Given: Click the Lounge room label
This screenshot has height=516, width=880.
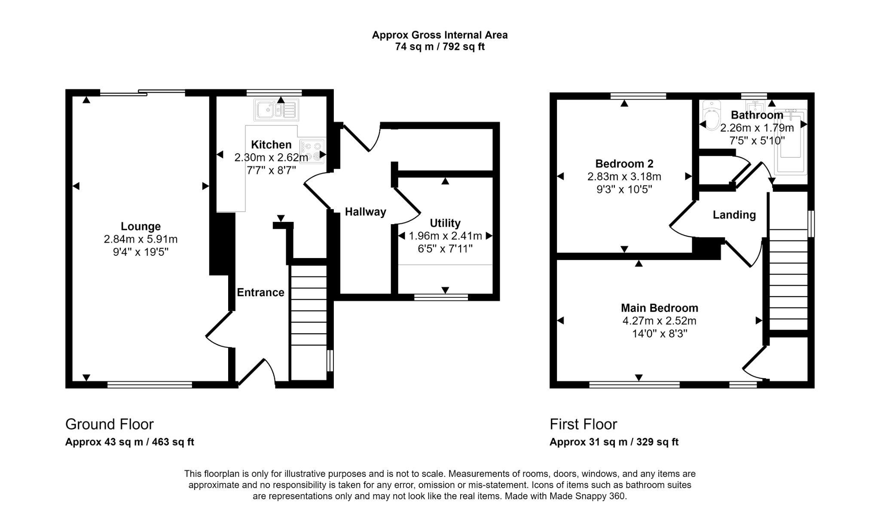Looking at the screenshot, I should [141, 226].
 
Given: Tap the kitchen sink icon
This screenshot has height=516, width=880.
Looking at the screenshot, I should [276, 110].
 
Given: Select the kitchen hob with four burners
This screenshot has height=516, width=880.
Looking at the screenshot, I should [312, 152].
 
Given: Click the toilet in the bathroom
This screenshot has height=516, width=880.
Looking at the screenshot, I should [712, 115].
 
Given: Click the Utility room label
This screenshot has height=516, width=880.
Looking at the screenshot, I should [445, 223].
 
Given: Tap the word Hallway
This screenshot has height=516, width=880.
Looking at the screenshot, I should [365, 212].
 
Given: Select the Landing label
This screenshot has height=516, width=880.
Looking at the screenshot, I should [734, 215].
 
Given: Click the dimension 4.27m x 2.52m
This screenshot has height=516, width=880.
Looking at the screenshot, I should [659, 321].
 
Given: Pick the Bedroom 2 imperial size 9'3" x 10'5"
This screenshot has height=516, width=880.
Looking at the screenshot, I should [624, 189].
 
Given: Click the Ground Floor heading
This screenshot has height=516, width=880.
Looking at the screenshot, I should [109, 424].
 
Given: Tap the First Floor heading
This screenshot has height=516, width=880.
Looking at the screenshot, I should [583, 424].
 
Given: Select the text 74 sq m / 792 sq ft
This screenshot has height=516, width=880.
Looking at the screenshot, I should [440, 47].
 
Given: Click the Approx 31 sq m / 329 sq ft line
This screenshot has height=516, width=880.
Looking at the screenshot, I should [614, 442].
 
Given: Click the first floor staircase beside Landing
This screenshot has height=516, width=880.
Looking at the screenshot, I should [788, 279].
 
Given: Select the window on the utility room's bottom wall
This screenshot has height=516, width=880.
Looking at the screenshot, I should [441, 297].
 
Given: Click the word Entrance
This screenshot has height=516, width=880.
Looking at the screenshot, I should [260, 292].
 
